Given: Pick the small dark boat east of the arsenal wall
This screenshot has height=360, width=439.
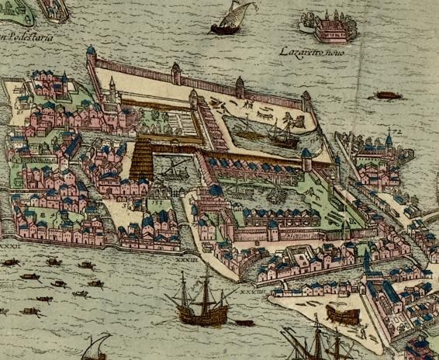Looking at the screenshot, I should [x=385, y=95].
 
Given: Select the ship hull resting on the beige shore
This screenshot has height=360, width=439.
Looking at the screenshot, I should [x=344, y=313].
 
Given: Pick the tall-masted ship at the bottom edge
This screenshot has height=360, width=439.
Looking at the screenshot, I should [x=314, y=341].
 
